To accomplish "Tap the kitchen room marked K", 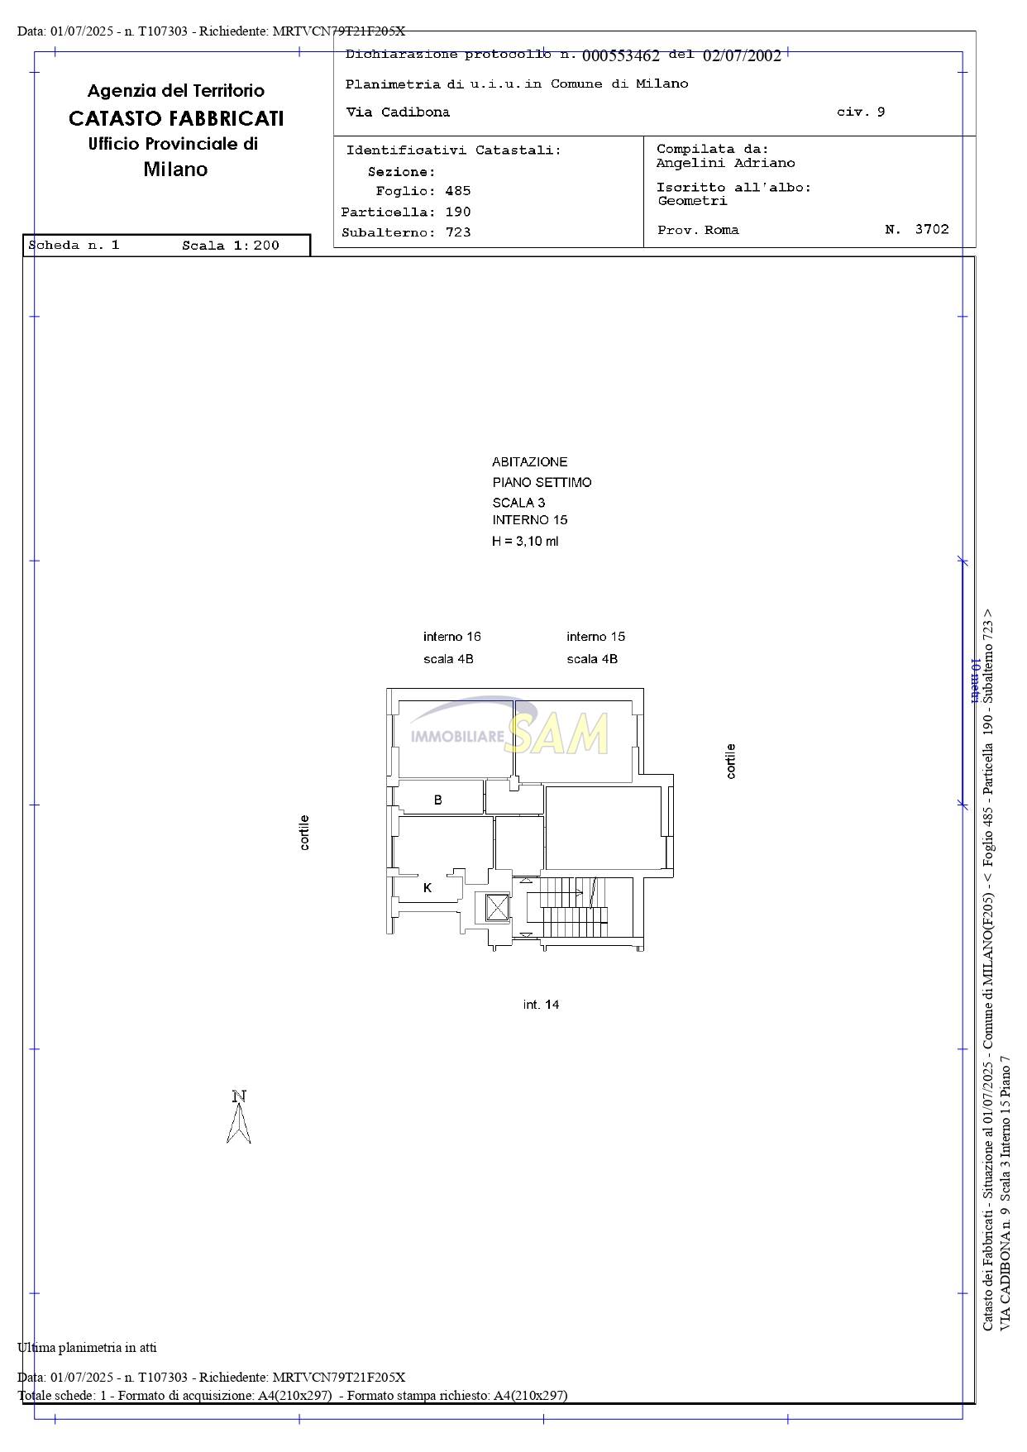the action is coord(427,888).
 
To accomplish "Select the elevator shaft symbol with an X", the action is coord(498,907).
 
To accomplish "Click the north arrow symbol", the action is coord(239,1117).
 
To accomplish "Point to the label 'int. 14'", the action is coord(542,1005).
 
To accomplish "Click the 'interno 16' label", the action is coord(451,637).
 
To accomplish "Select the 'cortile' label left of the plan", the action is coord(304,833).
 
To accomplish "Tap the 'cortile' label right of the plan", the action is coord(730,761).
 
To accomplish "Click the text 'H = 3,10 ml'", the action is coord(525,542).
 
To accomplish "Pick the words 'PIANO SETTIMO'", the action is coord(542,482).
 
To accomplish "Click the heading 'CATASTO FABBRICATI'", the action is coord(176,118).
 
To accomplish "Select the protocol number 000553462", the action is coord(621,56).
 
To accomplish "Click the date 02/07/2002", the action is coord(742,56).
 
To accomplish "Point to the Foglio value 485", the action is coord(458,191).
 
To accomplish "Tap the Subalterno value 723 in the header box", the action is coord(458,232).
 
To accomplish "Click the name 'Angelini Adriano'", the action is coord(725,164).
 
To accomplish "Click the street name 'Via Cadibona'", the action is coord(398,112).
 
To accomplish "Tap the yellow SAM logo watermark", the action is coord(556,733).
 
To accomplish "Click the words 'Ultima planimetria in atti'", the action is coord(87,1347).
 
